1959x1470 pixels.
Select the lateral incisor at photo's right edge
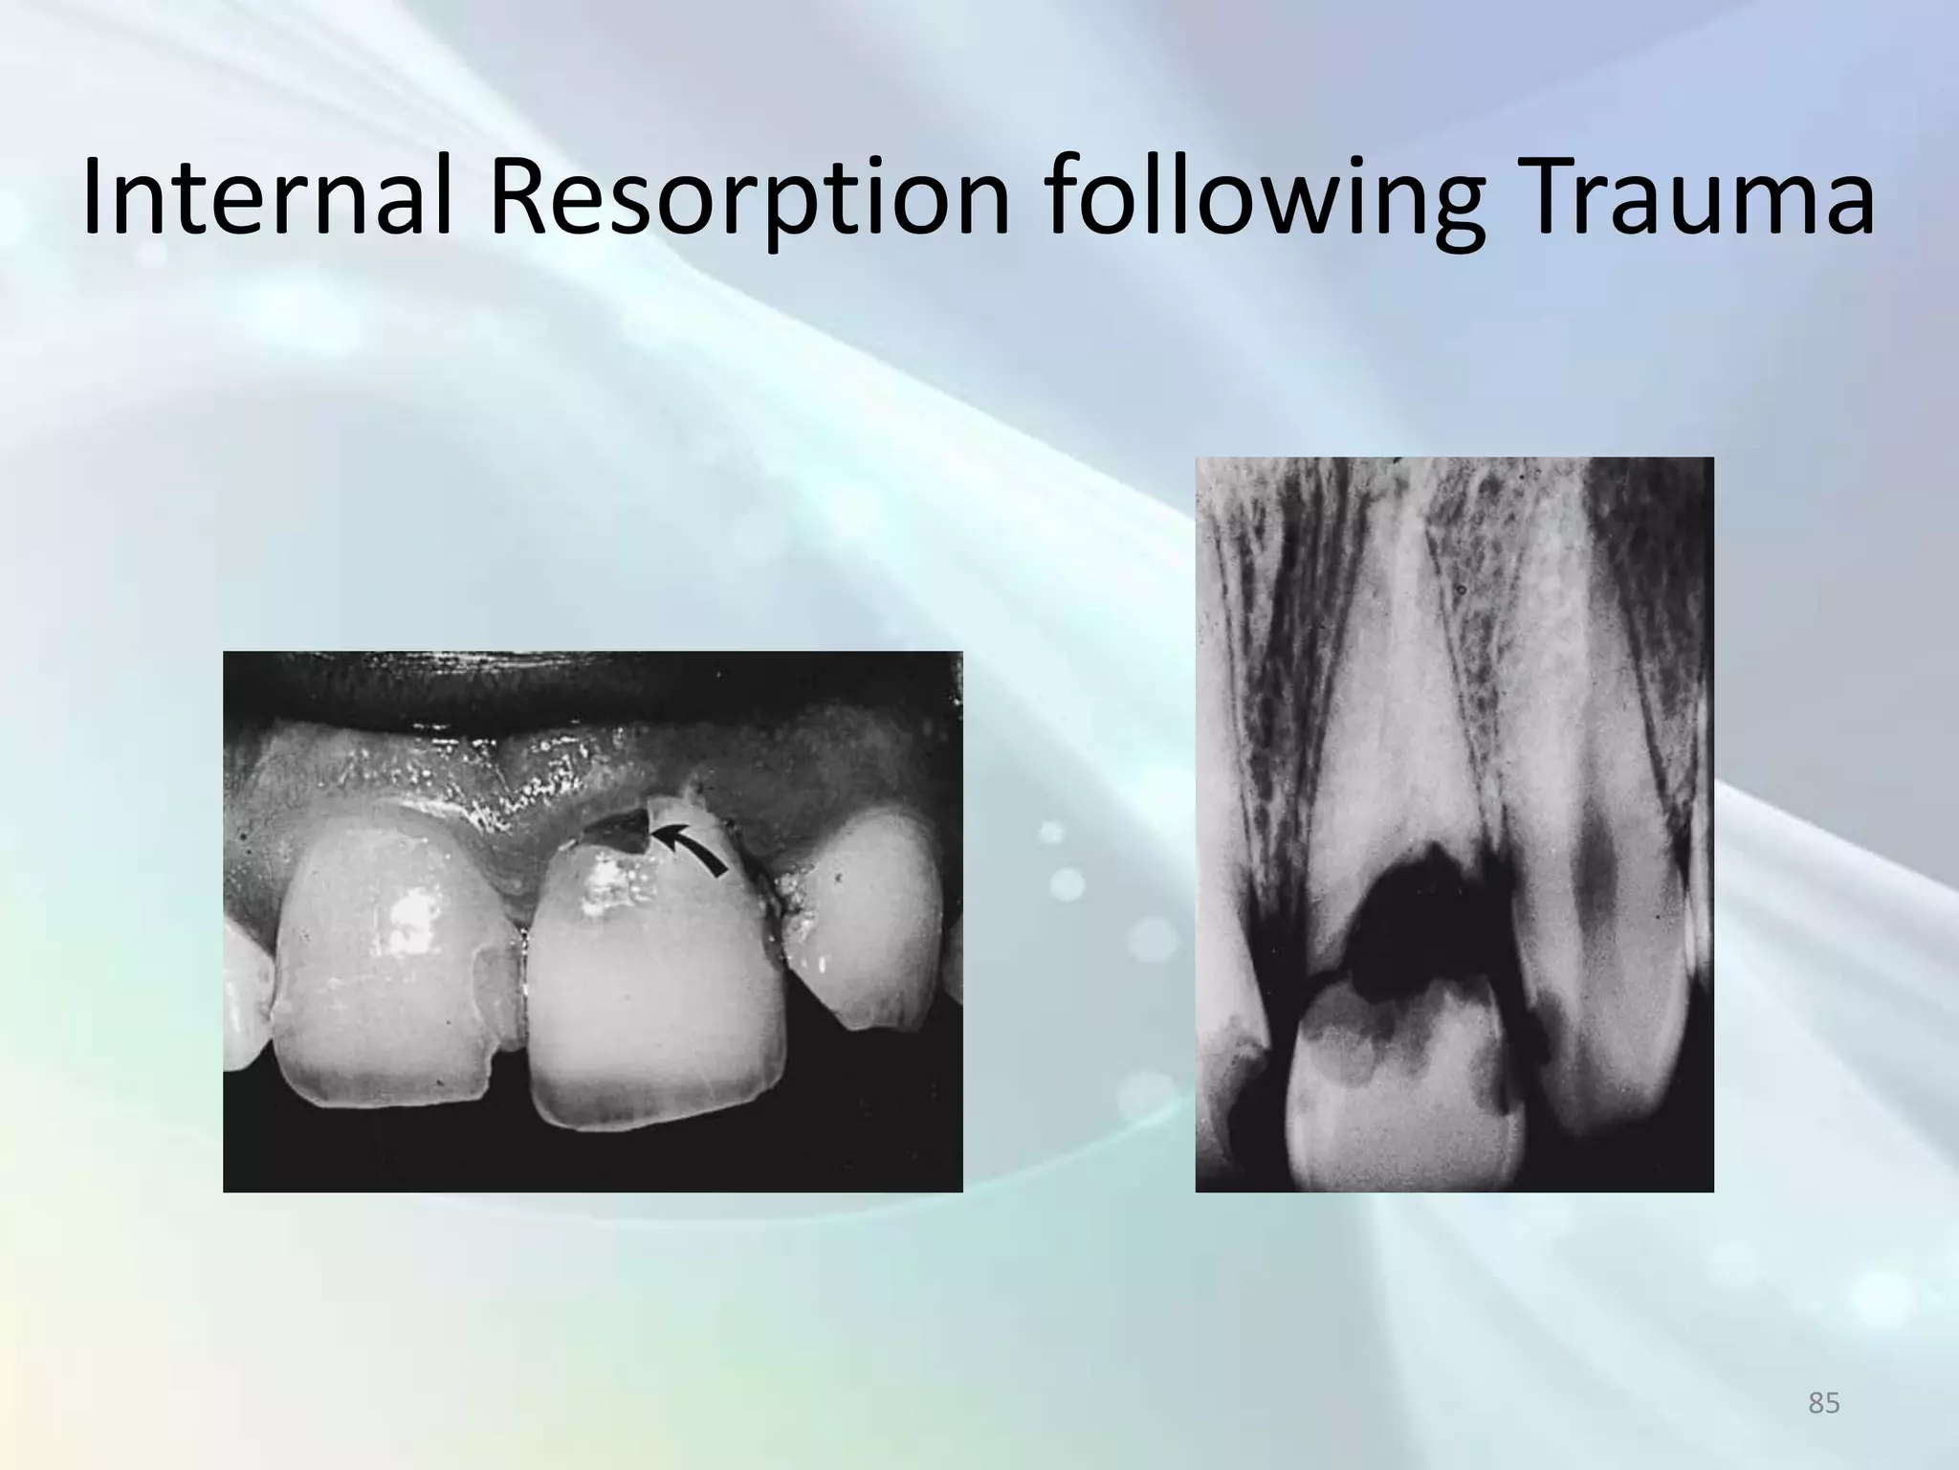coord(870,919)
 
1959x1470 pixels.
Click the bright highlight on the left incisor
coord(411,924)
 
